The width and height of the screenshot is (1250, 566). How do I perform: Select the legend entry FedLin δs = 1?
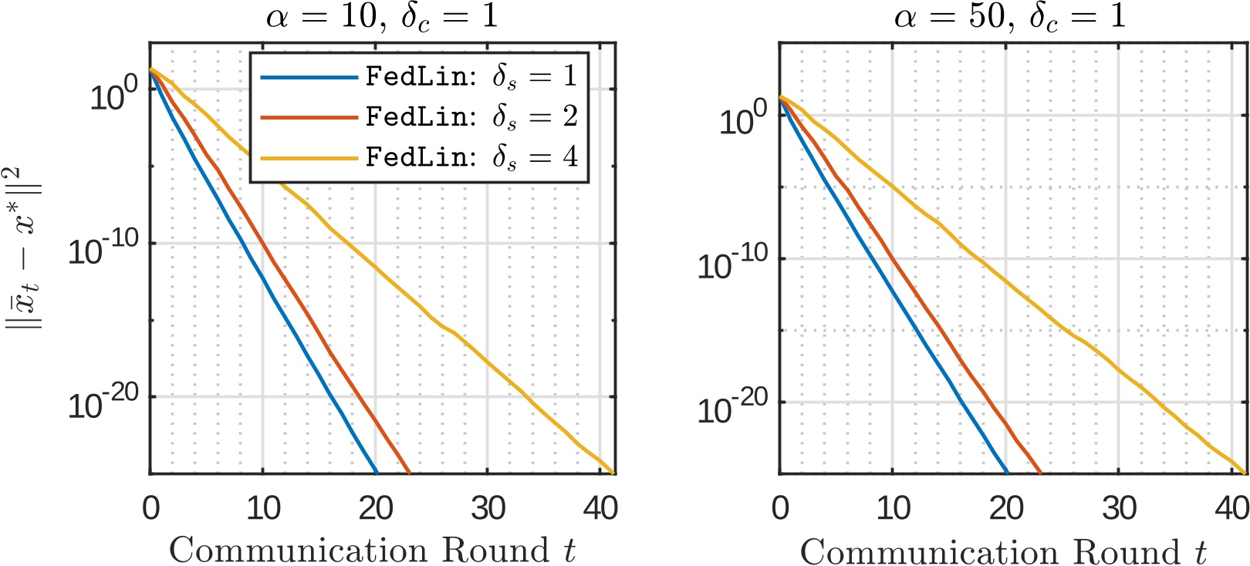pyautogui.click(x=471, y=76)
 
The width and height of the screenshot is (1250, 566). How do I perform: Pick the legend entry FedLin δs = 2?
pyautogui.click(x=471, y=116)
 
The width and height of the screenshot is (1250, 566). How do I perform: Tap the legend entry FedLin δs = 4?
pyautogui.click(x=471, y=157)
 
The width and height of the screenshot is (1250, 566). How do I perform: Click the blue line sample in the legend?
pyautogui.click(x=309, y=77)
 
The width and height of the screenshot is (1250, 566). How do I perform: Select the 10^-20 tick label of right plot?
pyautogui.click(x=732, y=408)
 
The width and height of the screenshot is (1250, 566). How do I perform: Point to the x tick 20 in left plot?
pyautogui.click(x=376, y=508)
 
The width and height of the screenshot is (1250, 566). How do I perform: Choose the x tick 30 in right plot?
pyautogui.click(x=1119, y=508)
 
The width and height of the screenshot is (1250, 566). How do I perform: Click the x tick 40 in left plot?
pyautogui.click(x=600, y=508)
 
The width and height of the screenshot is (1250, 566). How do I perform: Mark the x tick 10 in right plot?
pyautogui.click(x=893, y=508)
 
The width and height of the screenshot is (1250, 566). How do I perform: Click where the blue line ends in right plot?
pyautogui.click(x=1007, y=472)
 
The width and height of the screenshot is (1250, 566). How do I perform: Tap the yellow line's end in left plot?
pyautogui.click(x=613, y=472)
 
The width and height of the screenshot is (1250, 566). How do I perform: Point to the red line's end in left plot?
pyautogui.click(x=409, y=472)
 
